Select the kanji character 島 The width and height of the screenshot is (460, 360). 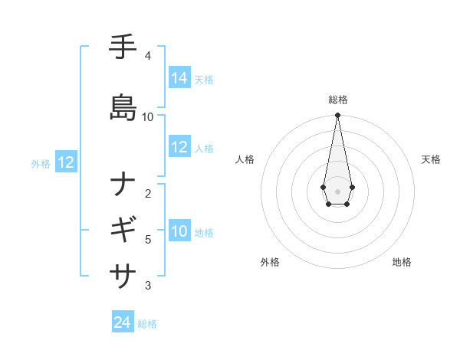[123, 108]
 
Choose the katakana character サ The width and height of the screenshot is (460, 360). [123, 273]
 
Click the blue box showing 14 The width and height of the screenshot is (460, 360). [179, 78]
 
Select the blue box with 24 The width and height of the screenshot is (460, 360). [122, 323]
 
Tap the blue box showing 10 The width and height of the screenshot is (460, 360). [179, 231]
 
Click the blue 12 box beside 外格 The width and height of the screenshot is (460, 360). [66, 162]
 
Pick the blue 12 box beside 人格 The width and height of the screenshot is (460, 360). [179, 147]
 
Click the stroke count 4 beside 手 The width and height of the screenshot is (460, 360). [148, 55]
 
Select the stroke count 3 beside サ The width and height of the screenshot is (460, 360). [148, 286]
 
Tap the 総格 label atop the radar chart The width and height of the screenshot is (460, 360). [337, 100]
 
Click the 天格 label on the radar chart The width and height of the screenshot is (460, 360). [431, 159]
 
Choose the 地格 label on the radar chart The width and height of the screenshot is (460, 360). [402, 263]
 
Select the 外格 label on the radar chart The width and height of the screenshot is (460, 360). [270, 263]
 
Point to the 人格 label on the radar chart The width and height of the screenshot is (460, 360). [245, 159]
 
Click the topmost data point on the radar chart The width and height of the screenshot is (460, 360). [337, 115]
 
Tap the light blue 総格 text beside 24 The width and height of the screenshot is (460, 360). [147, 324]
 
